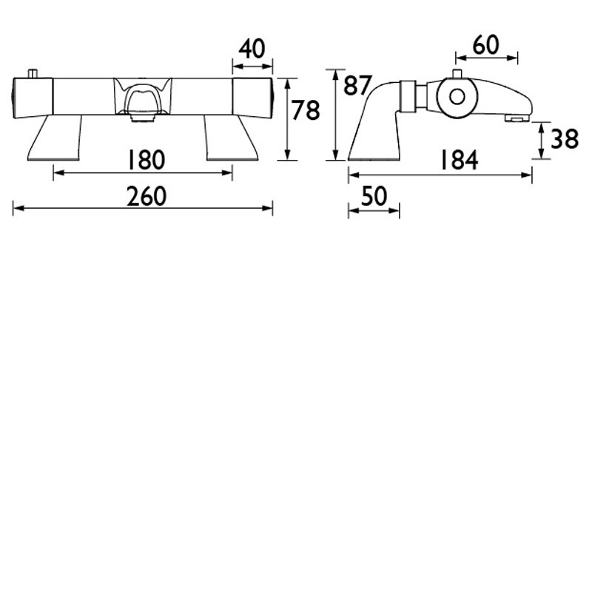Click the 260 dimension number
147,196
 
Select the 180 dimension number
147,160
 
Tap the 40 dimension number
252,49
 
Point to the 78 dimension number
306,110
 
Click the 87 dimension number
357,85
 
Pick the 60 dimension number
486,45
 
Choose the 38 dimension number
565,138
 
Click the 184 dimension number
460,160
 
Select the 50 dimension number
374,196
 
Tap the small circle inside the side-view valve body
457,97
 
